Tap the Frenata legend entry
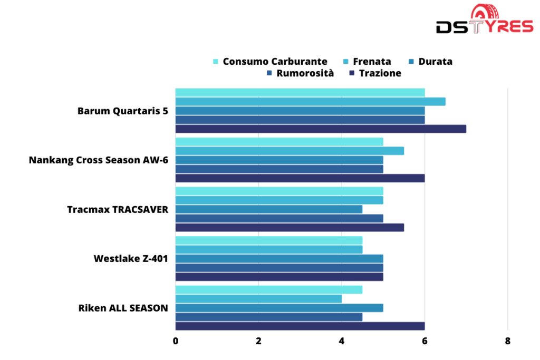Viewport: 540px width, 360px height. [x=367, y=62]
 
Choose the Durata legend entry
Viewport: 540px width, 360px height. [x=430, y=62]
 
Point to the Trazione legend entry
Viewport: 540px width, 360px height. [x=375, y=73]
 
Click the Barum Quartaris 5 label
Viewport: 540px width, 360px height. [x=123, y=111]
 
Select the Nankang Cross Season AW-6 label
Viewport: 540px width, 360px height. [x=99, y=160]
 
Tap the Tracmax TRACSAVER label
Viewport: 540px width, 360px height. [x=118, y=209]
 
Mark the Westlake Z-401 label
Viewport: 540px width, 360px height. [x=131, y=258]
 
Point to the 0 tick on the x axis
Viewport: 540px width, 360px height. [x=176, y=341]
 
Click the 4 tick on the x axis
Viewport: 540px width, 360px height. [x=342, y=341]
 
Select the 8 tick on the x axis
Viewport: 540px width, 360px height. [x=507, y=341]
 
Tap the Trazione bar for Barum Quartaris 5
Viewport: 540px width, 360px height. [x=321, y=129]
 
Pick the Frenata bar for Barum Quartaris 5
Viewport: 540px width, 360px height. [x=310, y=102]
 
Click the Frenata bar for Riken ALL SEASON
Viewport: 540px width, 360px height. [x=258, y=299]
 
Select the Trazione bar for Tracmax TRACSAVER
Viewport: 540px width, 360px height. [x=290, y=227]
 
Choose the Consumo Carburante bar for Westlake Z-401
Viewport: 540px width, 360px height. [x=269, y=240]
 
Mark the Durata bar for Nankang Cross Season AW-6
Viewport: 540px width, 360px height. [x=279, y=160]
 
